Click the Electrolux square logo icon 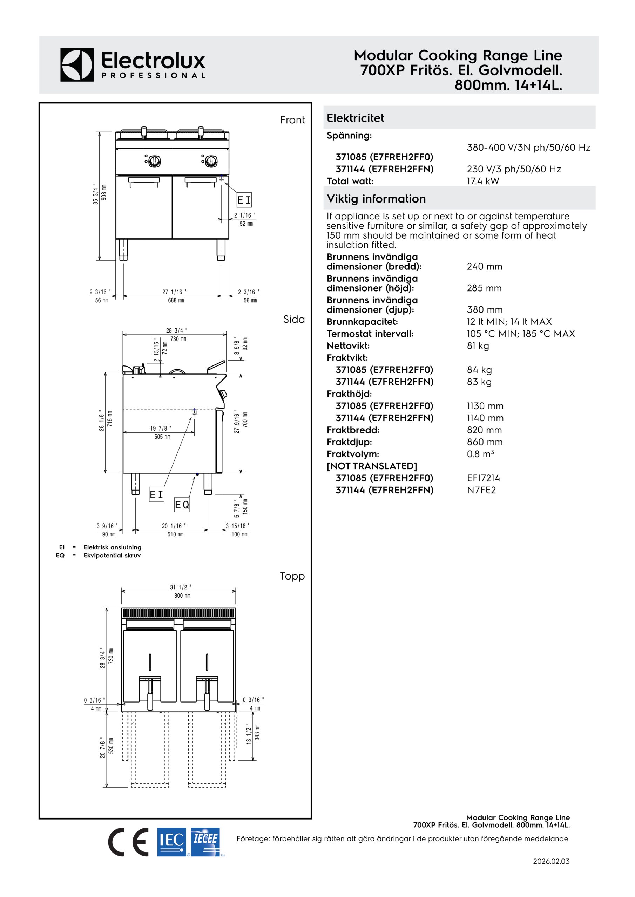tap(77, 65)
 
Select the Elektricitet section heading tap(356, 118)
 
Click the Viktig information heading tap(376, 199)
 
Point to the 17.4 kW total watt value tap(483, 181)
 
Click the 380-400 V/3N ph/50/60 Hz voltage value tap(529, 148)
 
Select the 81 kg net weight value tap(478, 346)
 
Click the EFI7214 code tap(483, 478)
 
